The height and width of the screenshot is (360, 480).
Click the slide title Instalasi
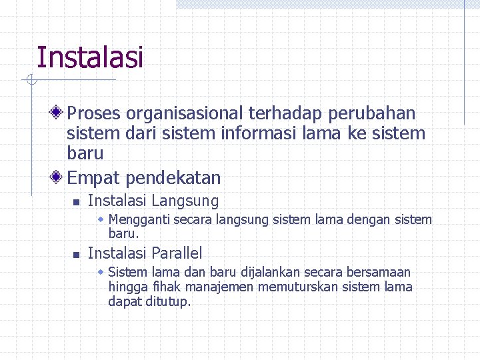pos(90,57)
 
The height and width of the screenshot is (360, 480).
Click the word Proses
pos(94,114)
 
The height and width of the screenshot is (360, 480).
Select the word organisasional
pos(185,114)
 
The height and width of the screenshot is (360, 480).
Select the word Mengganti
pos(139,219)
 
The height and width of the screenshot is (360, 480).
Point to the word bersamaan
pos(381,272)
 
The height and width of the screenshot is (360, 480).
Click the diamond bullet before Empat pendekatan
pos(58,177)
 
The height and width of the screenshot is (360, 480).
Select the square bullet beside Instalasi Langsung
pos(76,202)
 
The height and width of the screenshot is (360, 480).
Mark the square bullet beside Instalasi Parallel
pos(76,255)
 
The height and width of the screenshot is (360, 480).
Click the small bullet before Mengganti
pos(101,219)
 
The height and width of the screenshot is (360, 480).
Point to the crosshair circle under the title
pos(31,81)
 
